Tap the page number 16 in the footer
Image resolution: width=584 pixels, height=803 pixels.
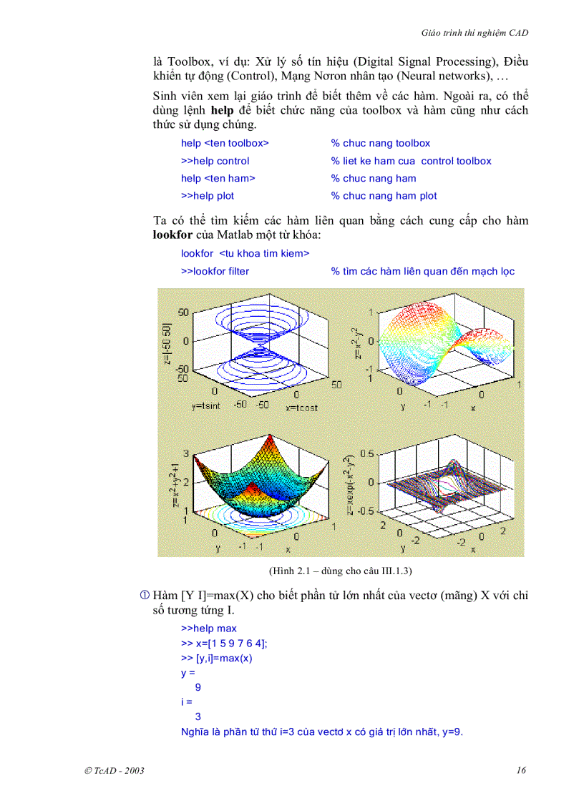click(521, 770)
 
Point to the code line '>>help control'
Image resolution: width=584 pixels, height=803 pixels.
click(215, 161)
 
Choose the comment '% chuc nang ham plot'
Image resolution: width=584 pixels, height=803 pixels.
click(384, 196)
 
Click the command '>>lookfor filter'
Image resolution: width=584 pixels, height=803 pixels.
click(215, 271)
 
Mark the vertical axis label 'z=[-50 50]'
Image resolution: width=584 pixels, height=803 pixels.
click(167, 344)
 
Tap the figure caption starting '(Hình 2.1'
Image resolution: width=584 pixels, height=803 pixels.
click(341, 571)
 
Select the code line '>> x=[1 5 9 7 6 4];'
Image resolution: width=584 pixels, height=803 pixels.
click(224, 644)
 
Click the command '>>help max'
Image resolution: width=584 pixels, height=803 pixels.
click(209, 629)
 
